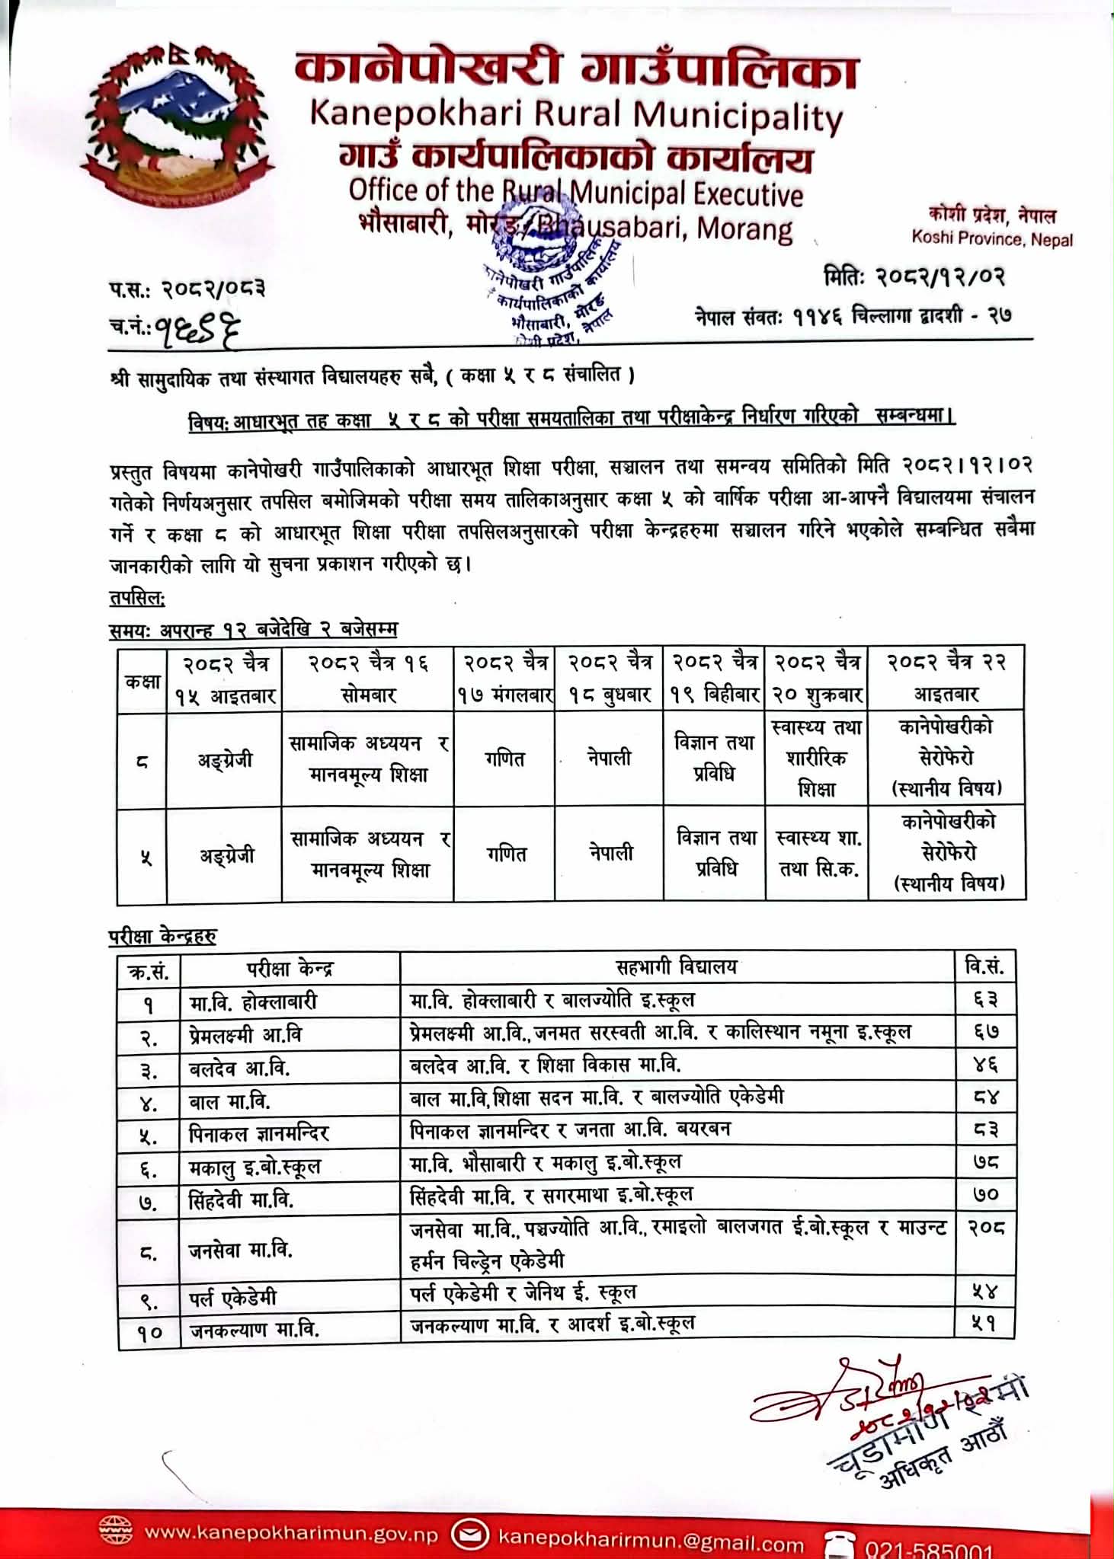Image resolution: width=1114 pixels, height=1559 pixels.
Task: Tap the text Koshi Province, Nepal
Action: tap(991, 238)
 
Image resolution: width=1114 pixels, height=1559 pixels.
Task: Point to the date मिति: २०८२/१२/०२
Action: tap(914, 276)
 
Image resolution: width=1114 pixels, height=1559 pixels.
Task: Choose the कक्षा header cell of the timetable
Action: tap(142, 679)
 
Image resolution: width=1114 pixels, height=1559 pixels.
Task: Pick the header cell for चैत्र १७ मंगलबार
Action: tap(504, 679)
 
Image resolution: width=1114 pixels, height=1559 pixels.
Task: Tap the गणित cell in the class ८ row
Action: tap(504, 759)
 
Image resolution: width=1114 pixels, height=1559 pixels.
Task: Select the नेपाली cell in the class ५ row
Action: tap(610, 855)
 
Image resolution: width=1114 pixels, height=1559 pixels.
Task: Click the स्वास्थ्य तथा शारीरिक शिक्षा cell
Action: tap(816, 759)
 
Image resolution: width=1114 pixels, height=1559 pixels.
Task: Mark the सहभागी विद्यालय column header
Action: tap(677, 967)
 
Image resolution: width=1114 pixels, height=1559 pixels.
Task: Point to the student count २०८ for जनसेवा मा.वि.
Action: tap(986, 1228)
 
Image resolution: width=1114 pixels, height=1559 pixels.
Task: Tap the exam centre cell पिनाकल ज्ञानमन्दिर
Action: tap(259, 1134)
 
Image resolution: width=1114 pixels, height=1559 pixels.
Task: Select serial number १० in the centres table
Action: tap(150, 1331)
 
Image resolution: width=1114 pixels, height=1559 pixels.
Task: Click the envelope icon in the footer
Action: tap(470, 1532)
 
